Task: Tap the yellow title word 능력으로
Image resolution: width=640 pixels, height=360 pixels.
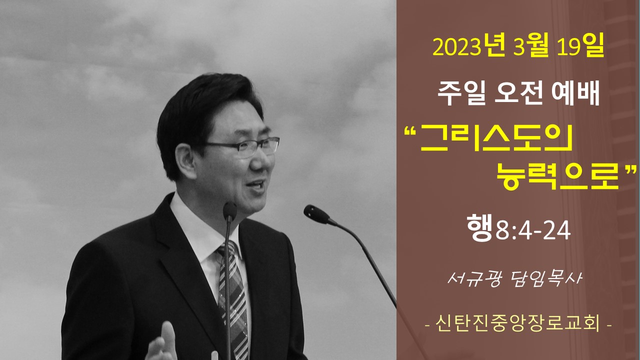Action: click(557, 177)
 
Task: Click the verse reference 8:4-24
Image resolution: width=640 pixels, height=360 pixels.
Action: click(533, 231)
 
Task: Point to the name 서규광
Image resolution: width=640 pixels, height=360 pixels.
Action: click(474, 278)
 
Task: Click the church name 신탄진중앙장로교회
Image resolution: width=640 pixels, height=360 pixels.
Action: click(517, 324)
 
